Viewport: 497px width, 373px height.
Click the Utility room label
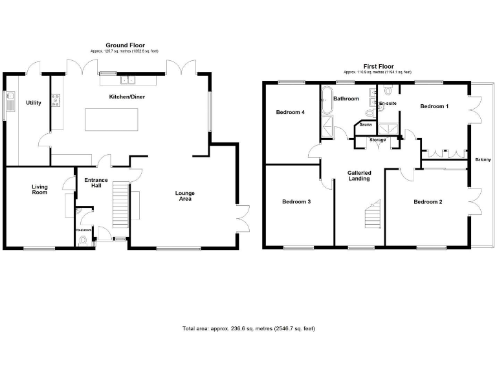34,103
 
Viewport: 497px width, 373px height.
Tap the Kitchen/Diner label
126,96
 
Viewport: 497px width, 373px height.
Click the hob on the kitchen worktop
56,100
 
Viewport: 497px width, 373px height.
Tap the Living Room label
40,189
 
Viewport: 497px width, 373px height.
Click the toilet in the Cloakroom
82,240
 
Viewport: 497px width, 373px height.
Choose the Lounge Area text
185,196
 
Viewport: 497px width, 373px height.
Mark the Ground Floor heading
126,45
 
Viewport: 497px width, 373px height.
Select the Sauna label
366,124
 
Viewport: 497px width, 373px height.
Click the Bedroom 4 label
290,112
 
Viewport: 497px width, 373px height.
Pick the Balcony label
482,159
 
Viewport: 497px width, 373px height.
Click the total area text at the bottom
248,329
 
